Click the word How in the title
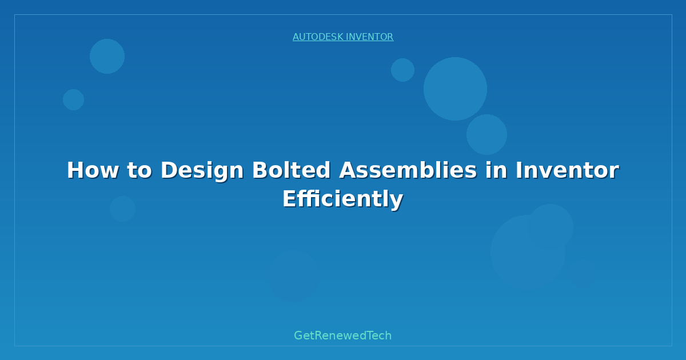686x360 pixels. pyautogui.click(x=93, y=170)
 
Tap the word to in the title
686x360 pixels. pyautogui.click(x=139, y=170)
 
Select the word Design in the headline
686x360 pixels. pyautogui.click(x=202, y=171)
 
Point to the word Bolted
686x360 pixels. pyautogui.click(x=291, y=170)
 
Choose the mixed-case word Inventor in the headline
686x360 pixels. pyautogui.click(x=567, y=170)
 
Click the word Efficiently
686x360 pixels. pyautogui.click(x=342, y=199)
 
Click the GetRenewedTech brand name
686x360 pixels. pyautogui.click(x=342, y=335)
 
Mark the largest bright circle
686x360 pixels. pyautogui.click(x=455, y=89)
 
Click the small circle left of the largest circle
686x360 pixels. pyautogui.click(x=402, y=70)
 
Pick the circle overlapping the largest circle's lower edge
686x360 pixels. pyautogui.click(x=486, y=135)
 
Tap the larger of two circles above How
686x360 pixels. pyautogui.click(x=107, y=57)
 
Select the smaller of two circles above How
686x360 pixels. pyautogui.click(x=74, y=100)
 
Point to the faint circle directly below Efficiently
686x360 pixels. pyautogui.click(x=294, y=276)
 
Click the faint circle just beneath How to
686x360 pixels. pyautogui.click(x=122, y=209)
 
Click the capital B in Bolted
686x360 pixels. pyautogui.click(x=261, y=170)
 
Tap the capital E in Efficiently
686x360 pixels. pyautogui.click(x=289, y=199)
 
